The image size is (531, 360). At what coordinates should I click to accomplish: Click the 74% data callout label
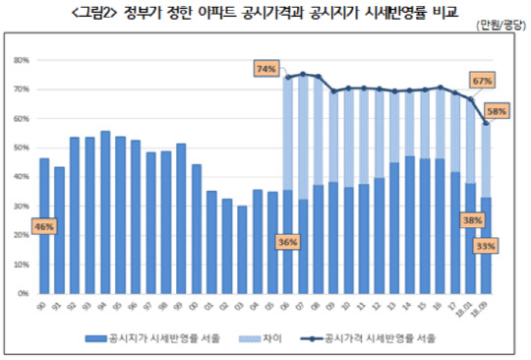pyautogui.click(x=265, y=70)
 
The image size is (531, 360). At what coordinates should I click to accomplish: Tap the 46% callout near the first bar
pyautogui.click(x=45, y=226)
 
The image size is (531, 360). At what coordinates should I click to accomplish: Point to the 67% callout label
pyautogui.click(x=482, y=80)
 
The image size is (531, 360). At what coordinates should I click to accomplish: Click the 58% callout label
pyautogui.click(x=497, y=111)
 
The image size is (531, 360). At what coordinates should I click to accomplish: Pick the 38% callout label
pyautogui.click(x=471, y=221)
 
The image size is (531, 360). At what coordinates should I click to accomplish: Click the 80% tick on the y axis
pyautogui.click(x=22, y=60)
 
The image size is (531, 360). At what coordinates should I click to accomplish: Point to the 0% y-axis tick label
pyautogui.click(x=24, y=293)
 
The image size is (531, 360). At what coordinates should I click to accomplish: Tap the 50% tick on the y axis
pyautogui.click(x=22, y=148)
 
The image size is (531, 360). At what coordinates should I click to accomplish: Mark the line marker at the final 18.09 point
pyautogui.click(x=486, y=123)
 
